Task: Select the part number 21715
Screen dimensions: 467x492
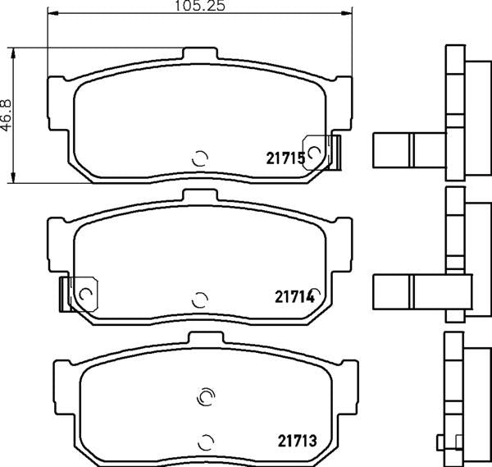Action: (x=285, y=157)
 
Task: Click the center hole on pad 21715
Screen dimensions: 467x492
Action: (x=199, y=158)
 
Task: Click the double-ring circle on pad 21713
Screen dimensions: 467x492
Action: (x=206, y=397)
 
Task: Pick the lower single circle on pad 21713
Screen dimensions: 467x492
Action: (x=206, y=439)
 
